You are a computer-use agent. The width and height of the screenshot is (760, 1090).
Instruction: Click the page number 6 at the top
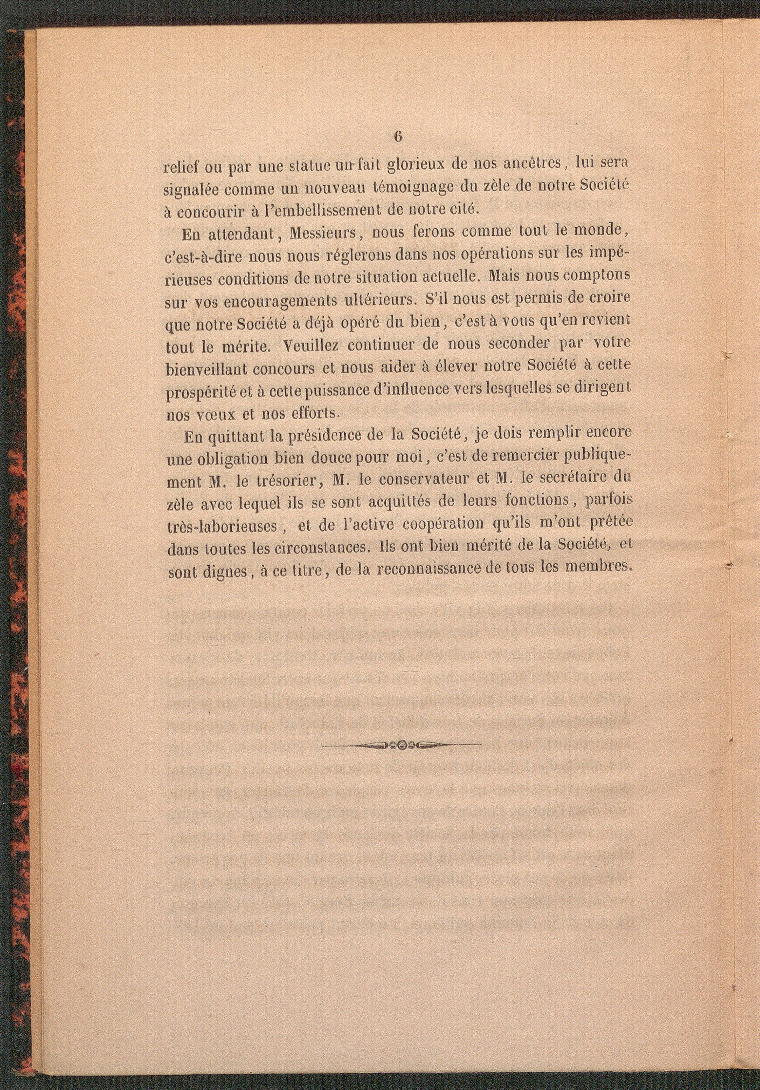[398, 136]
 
